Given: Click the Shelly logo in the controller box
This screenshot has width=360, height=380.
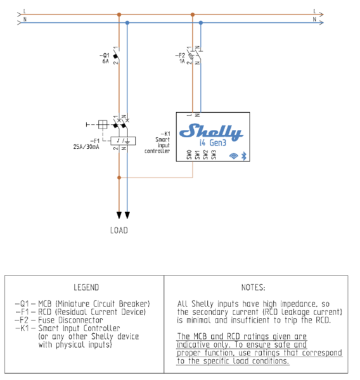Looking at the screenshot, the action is pos(211,132).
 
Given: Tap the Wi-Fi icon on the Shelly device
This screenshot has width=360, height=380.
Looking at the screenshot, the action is pos(234,156).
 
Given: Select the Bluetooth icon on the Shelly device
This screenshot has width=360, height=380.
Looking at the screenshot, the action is pos(244,156).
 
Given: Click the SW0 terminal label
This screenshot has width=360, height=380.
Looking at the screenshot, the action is pos(190,155).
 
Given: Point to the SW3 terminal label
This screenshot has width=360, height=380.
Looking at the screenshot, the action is pos(214,155).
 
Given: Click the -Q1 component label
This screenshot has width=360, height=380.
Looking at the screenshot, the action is pos(105,55).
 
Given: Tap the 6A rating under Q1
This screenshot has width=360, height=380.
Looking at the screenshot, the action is pos(105,61).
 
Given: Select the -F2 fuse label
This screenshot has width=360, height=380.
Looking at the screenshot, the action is pos(180,56).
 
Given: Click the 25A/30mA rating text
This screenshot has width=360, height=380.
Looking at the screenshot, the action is pos(86,147).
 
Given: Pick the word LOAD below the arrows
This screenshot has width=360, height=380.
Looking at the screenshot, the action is pos(119,231).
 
